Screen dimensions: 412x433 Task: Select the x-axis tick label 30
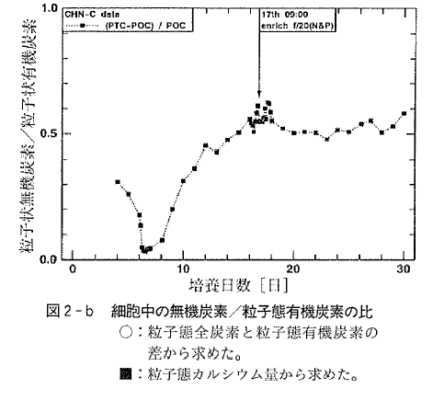(x=405, y=269)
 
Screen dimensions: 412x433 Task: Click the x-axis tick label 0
(x=73, y=269)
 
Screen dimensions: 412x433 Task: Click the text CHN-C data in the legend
(x=91, y=16)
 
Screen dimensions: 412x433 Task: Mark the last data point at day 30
(x=404, y=114)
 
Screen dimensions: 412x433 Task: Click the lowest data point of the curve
(x=145, y=250)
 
